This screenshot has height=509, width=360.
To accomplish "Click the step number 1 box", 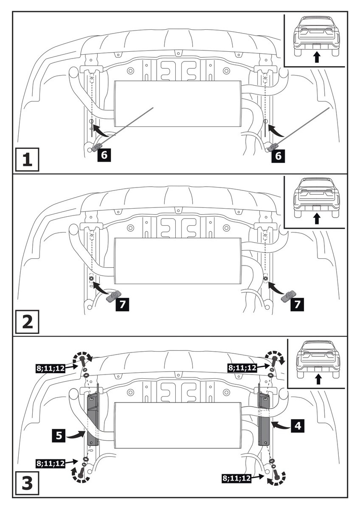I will point(27,159).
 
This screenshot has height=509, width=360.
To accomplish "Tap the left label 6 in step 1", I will point(104,155).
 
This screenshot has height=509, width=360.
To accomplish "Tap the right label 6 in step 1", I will point(278,156).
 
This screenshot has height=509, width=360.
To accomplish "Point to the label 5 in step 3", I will point(59,435).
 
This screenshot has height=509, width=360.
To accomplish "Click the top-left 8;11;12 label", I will point(50,368).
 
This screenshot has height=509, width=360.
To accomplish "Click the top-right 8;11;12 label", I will point(242,368).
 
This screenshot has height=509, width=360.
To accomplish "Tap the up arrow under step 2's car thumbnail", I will point(316,218).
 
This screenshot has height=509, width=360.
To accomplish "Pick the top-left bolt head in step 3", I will point(82,359).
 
